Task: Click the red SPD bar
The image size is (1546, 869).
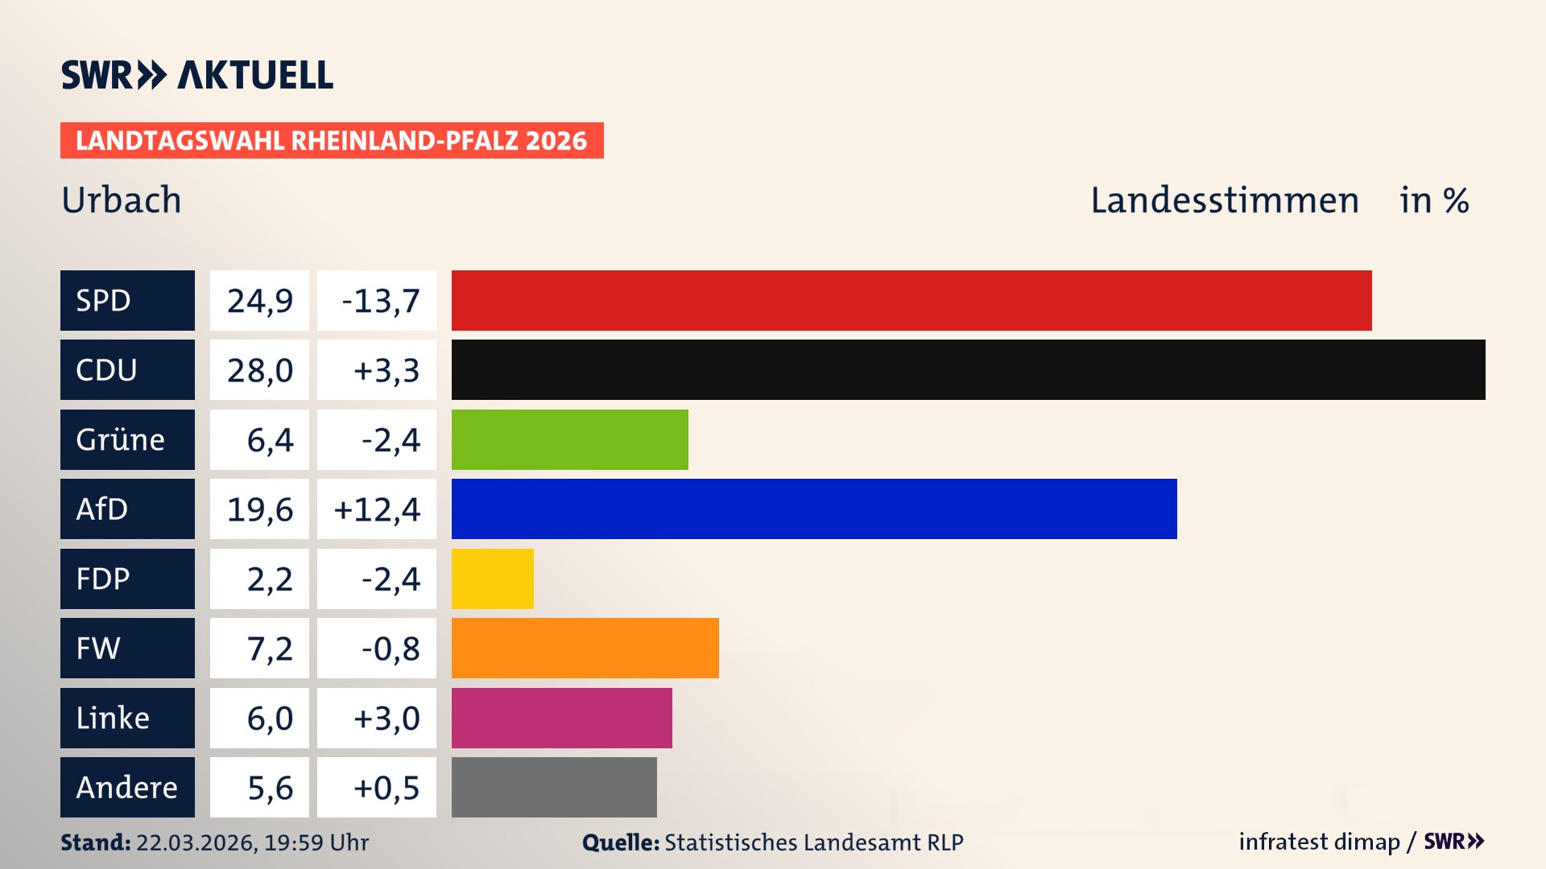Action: (911, 300)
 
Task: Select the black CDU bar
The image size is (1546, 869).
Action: (968, 369)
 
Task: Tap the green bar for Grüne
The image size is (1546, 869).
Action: (569, 439)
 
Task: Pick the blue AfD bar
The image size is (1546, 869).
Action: (814, 509)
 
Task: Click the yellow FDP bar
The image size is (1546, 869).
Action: (492, 579)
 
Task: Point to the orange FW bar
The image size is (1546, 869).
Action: (585, 648)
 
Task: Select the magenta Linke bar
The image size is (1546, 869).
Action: (561, 718)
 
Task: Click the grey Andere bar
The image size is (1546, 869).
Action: (554, 787)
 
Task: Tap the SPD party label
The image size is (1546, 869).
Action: (127, 300)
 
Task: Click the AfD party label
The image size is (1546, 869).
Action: (127, 509)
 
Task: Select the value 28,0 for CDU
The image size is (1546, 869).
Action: (259, 370)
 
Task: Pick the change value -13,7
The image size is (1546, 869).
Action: (377, 300)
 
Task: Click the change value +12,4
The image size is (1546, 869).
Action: (377, 509)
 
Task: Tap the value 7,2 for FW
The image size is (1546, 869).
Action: (259, 649)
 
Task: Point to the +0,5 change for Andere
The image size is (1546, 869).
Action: (377, 788)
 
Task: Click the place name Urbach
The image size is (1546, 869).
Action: (122, 200)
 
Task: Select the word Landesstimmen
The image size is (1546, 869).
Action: (1224, 200)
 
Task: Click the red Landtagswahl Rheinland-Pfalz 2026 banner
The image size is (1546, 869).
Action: (332, 140)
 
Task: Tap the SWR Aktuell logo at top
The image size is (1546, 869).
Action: (197, 75)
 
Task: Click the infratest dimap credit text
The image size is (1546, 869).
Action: (1319, 842)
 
